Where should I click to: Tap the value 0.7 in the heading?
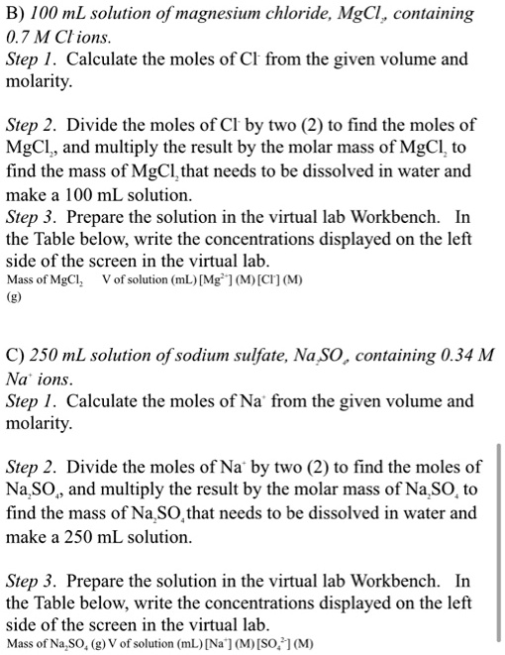[x=19, y=38]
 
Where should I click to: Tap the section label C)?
[x=17, y=356]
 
